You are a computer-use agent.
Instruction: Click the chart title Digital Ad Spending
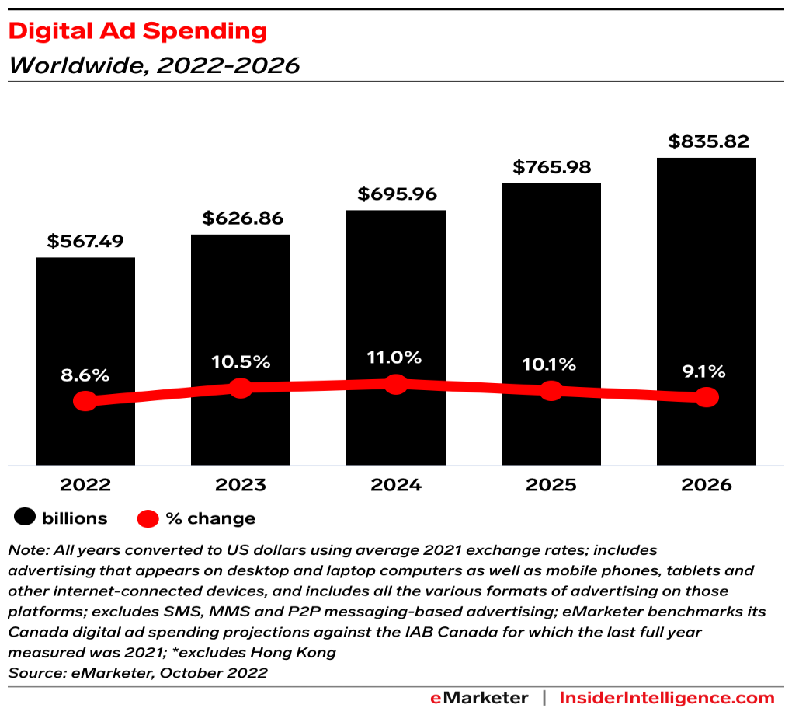click(x=137, y=31)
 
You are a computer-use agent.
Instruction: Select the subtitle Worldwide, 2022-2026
click(x=154, y=65)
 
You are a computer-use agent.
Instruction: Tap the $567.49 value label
click(x=85, y=241)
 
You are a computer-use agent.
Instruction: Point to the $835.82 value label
click(x=707, y=141)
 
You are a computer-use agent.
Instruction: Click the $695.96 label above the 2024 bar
click(x=396, y=194)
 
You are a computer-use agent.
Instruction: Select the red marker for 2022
click(x=85, y=401)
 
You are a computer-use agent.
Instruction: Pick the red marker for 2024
click(x=396, y=384)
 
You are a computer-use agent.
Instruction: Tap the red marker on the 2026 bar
click(x=707, y=397)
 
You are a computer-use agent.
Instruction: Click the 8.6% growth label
click(x=85, y=375)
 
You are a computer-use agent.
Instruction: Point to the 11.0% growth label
click(x=396, y=357)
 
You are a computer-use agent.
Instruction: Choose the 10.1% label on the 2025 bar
click(x=551, y=364)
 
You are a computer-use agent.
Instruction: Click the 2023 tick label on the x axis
click(x=241, y=485)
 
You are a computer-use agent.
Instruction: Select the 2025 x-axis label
click(x=551, y=485)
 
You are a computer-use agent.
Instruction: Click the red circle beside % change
click(x=148, y=518)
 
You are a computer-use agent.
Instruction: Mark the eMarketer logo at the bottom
click(x=479, y=697)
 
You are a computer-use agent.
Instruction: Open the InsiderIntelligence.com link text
click(x=667, y=697)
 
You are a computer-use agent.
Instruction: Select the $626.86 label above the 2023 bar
click(x=241, y=218)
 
